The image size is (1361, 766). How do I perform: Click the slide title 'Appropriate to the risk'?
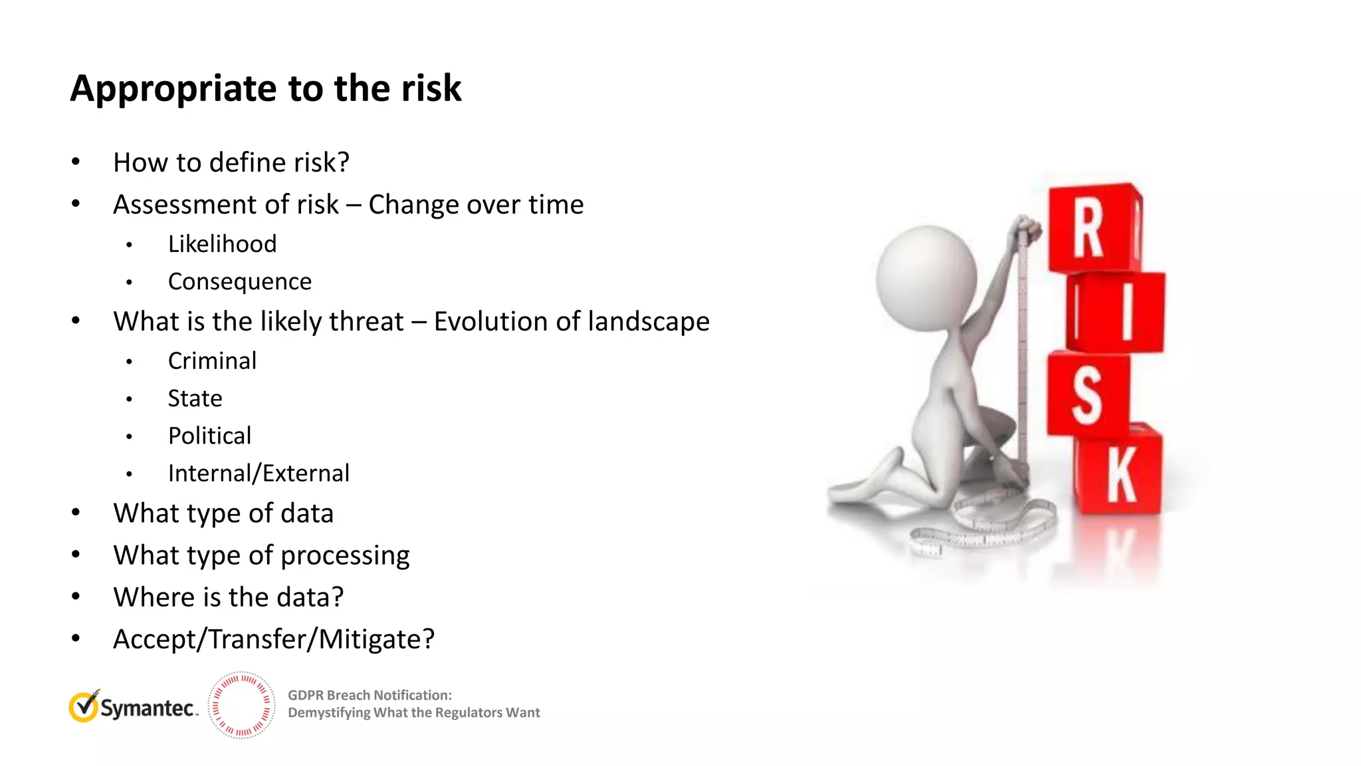(x=266, y=88)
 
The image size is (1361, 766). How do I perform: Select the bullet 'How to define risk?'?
(x=231, y=162)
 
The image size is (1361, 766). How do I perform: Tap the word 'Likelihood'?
(x=222, y=244)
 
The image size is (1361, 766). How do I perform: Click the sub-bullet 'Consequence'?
(x=239, y=281)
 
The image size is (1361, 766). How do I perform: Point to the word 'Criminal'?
(x=212, y=360)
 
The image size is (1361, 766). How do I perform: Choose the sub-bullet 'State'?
(x=195, y=398)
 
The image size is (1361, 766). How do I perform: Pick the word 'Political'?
(x=209, y=436)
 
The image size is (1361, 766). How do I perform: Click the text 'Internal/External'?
(x=259, y=473)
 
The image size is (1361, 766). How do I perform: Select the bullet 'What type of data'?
(x=223, y=513)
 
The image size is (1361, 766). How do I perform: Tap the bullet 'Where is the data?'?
(x=229, y=597)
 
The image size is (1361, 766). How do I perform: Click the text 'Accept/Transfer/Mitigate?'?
(x=274, y=639)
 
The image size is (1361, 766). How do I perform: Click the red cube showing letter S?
(x=1088, y=395)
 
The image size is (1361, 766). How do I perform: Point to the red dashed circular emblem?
(x=241, y=705)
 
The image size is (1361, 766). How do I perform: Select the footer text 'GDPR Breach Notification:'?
(x=369, y=695)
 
